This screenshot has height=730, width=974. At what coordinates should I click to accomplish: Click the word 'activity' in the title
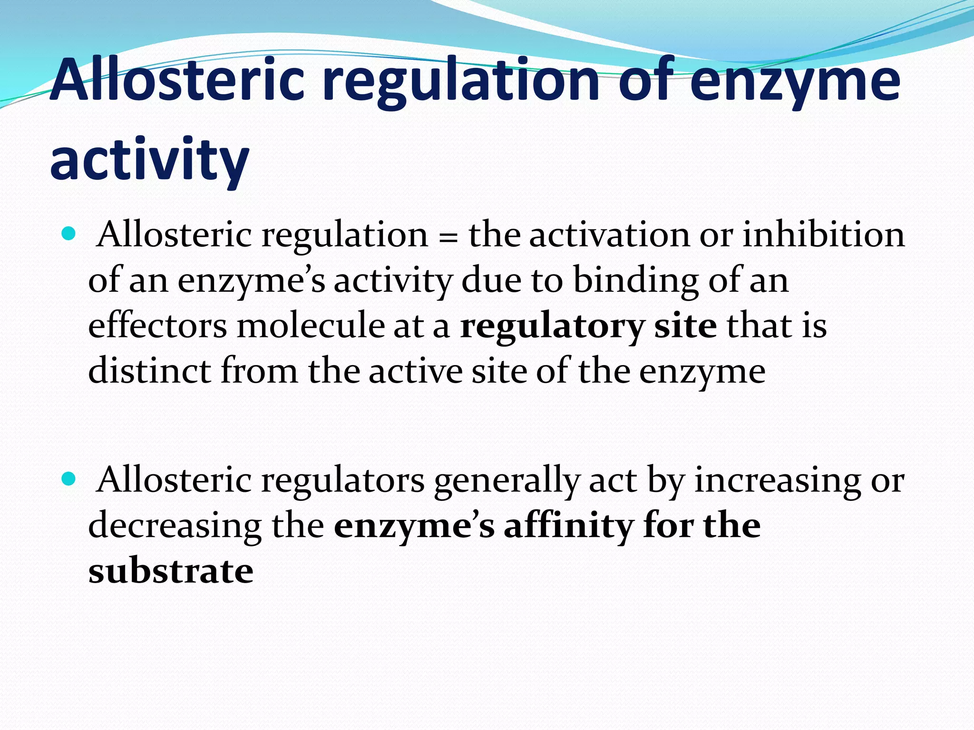[149, 159]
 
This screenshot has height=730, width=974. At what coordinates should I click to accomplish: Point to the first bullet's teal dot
[69, 233]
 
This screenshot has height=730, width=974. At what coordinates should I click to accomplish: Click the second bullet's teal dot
[69, 479]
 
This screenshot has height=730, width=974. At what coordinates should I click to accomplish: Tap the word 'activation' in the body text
[609, 235]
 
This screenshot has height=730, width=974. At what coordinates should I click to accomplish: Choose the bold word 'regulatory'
[552, 327]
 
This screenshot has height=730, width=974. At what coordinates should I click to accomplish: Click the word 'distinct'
[149, 371]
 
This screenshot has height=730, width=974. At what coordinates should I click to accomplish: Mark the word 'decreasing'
[175, 527]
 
